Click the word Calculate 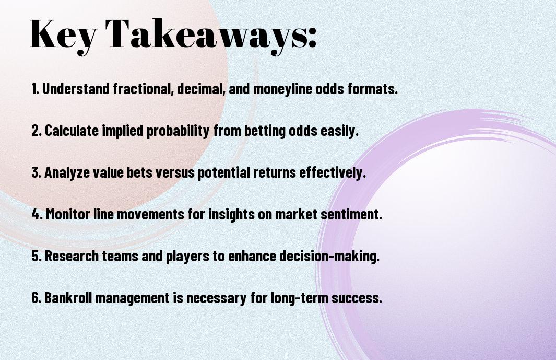(x=72, y=130)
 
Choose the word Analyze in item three (x=67, y=173)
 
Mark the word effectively (x=332, y=173)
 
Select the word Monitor (x=68, y=214)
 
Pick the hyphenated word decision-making (x=329, y=257)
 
